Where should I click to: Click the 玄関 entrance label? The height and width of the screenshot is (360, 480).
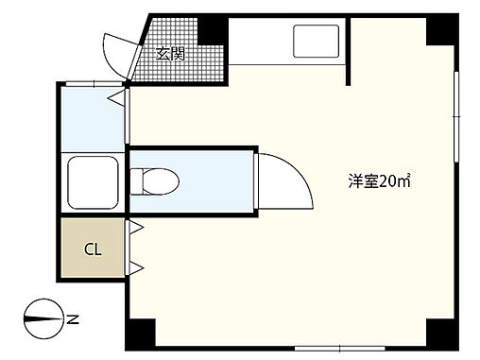click(171, 55)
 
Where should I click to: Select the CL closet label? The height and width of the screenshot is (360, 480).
click(93, 250)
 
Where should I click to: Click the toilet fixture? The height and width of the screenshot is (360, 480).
click(151, 179)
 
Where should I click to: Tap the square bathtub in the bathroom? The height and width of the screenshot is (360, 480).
click(92, 179)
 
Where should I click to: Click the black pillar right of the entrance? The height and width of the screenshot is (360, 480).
click(214, 31)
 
